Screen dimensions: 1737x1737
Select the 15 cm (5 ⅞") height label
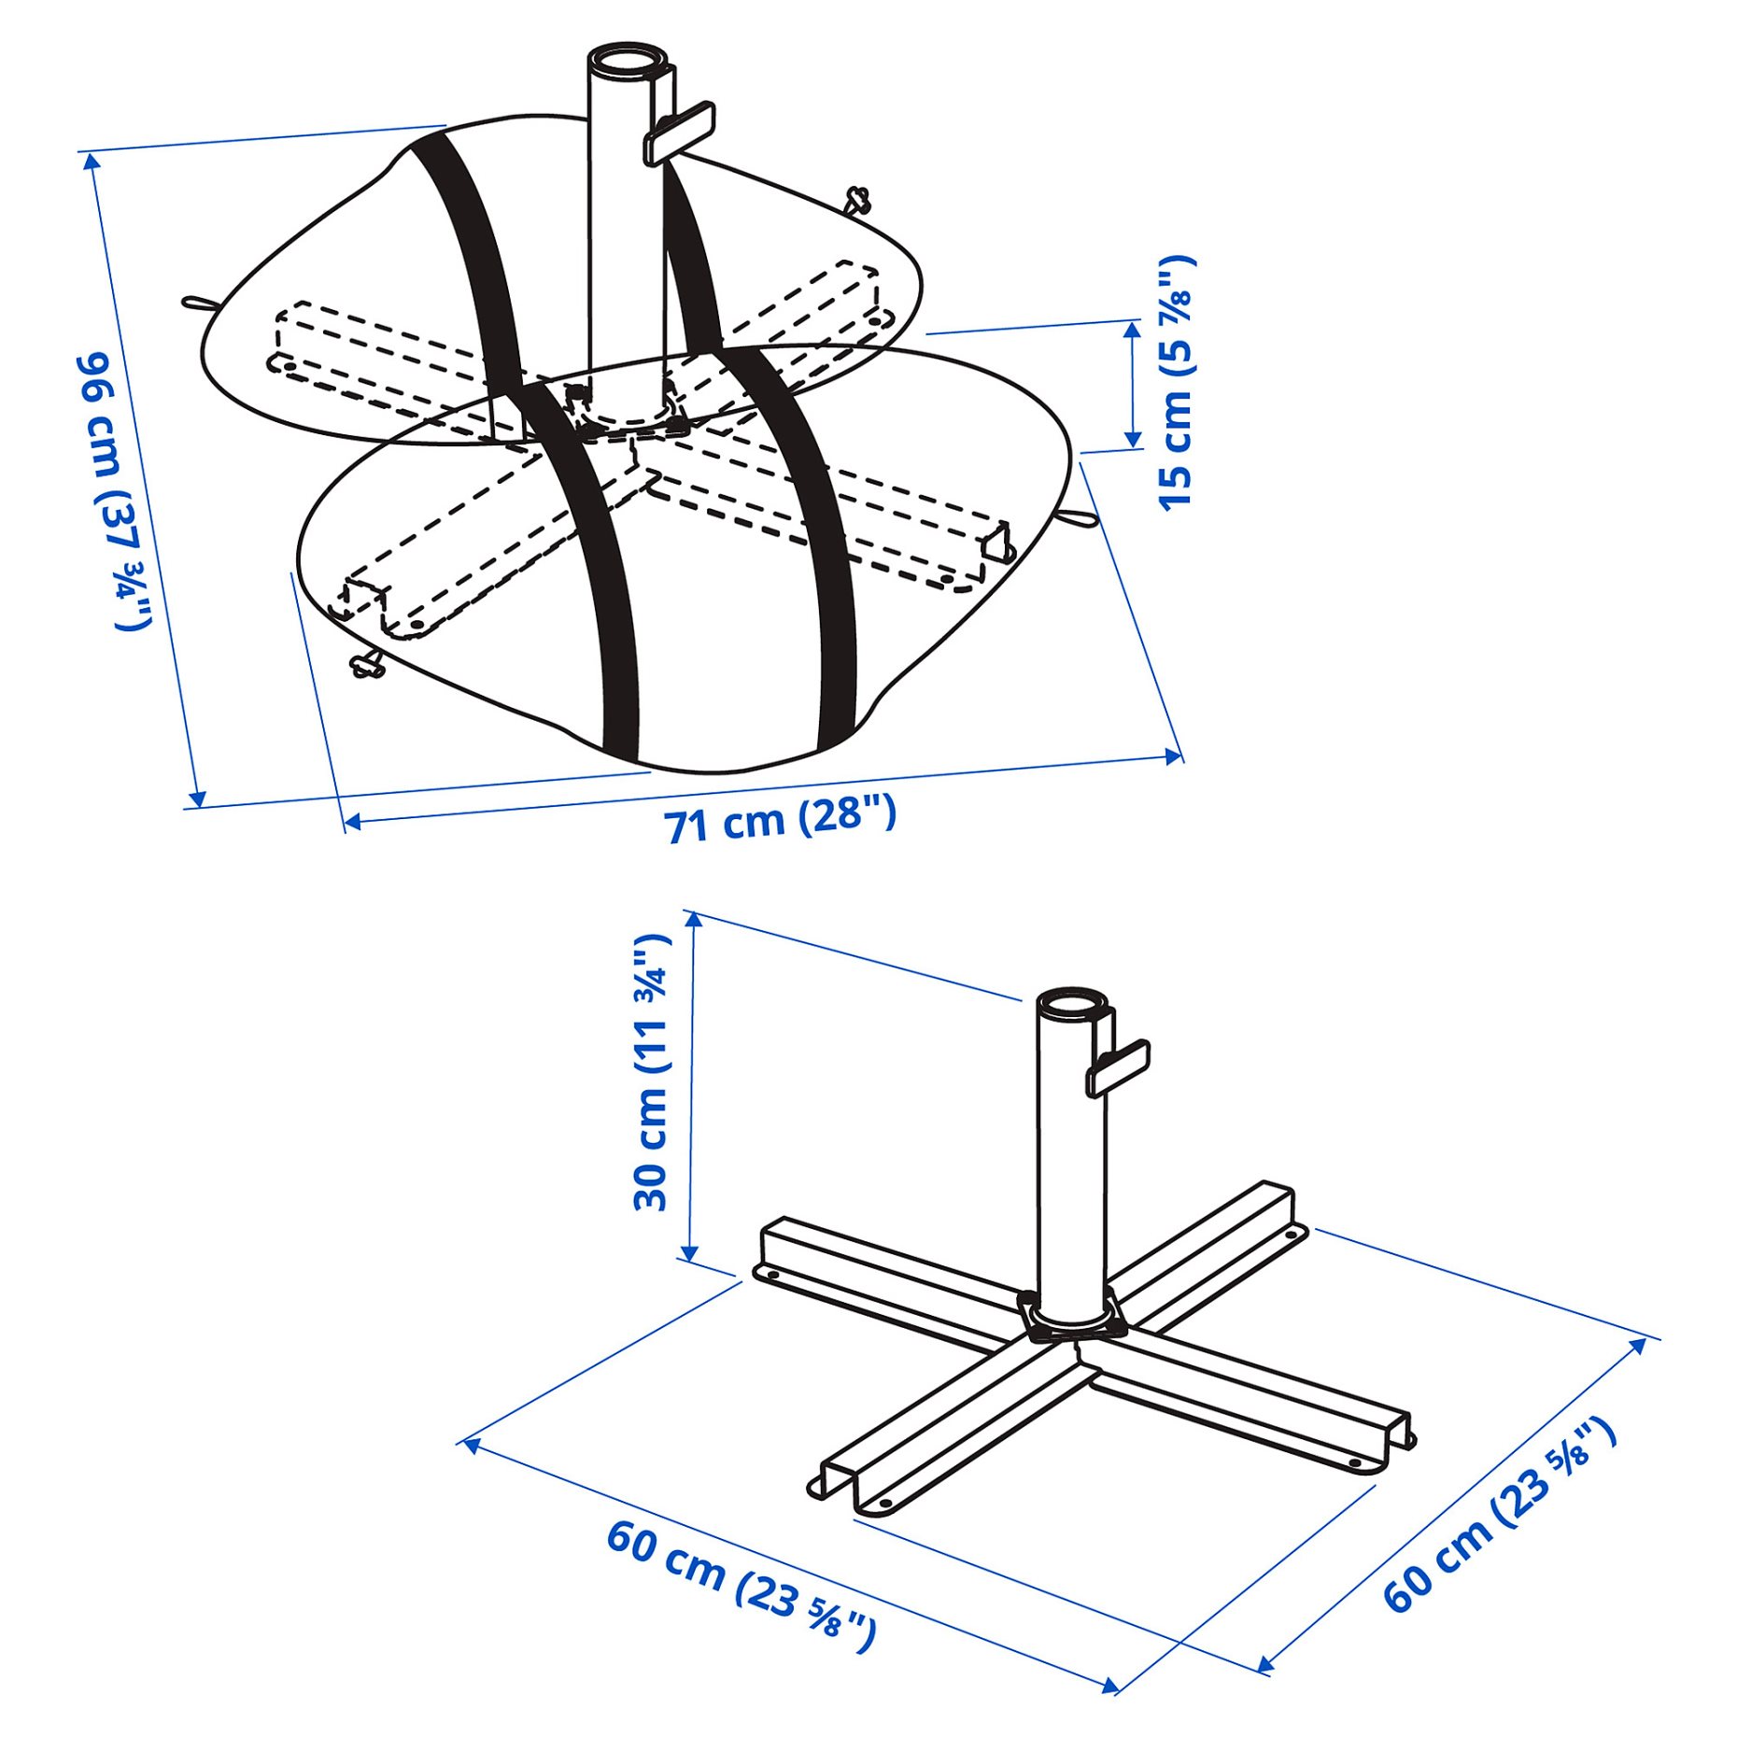point(1177,383)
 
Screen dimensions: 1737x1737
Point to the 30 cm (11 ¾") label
point(651,1073)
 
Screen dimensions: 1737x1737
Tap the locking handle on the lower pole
point(1118,1066)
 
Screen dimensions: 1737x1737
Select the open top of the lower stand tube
point(1073,1003)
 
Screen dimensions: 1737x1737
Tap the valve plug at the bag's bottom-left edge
point(367,666)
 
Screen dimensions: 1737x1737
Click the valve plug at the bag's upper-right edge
point(856,199)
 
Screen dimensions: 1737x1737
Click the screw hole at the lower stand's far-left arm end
point(771,1274)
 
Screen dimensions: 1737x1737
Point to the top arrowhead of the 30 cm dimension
point(693,919)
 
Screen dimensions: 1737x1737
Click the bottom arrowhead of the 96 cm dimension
point(197,798)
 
